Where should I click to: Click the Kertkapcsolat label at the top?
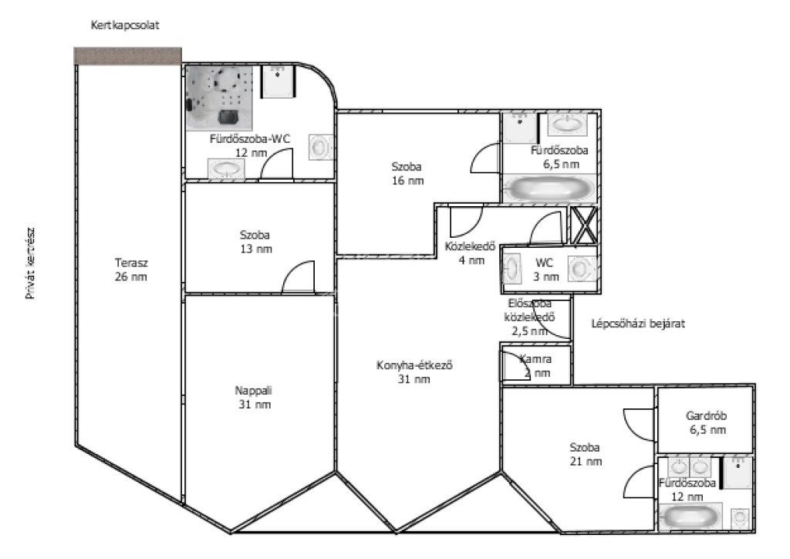(x=125, y=25)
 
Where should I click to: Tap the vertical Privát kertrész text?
(x=30, y=263)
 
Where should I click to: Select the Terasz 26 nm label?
(x=131, y=269)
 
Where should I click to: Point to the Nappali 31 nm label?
(x=255, y=397)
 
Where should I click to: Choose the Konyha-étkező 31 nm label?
(x=414, y=372)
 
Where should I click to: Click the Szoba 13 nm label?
(x=255, y=242)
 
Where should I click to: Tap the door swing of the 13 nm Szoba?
(x=298, y=276)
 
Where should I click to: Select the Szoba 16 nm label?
(x=407, y=174)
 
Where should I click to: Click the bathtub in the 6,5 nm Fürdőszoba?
(x=549, y=189)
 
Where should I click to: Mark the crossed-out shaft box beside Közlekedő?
(x=584, y=225)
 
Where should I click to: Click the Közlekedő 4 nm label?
(x=470, y=253)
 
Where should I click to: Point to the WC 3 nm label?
(x=545, y=269)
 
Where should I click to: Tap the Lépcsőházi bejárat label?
(x=638, y=324)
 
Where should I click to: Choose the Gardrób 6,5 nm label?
(x=707, y=423)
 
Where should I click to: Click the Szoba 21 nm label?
(x=586, y=454)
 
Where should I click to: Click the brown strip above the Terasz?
(x=128, y=56)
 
